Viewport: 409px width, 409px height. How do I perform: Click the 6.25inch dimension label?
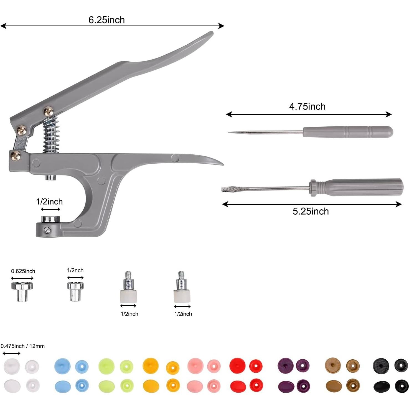[106, 20]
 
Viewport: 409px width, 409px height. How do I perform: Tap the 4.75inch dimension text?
[307, 106]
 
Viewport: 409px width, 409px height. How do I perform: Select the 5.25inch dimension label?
[311, 211]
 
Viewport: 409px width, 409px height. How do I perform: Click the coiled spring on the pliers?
[51, 134]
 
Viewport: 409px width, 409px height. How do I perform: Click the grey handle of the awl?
[348, 132]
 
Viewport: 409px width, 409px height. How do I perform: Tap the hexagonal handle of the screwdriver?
[356, 187]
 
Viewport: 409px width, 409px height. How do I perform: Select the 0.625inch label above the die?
[23, 271]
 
